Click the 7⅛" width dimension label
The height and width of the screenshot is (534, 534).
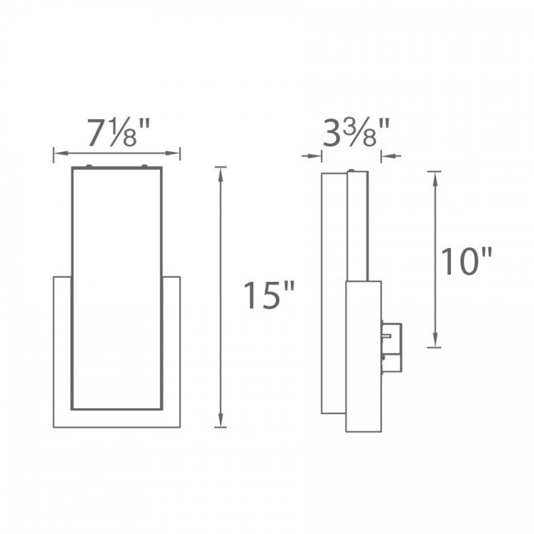[x=118, y=132]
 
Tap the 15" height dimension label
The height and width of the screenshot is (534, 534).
[x=269, y=295]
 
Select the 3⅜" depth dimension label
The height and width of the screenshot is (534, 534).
[x=356, y=132]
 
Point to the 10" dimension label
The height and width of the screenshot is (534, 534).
[x=467, y=261]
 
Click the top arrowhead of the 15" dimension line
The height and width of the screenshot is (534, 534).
[x=221, y=173]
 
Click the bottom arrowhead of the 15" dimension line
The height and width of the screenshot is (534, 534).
[x=221, y=421]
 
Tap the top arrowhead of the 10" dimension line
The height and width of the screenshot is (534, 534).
[x=435, y=178]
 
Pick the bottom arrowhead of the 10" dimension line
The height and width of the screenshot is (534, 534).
[x=435, y=341]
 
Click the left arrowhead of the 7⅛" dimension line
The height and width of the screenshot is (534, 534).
[x=61, y=154]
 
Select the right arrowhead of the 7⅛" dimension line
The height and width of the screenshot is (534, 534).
[x=173, y=154]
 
